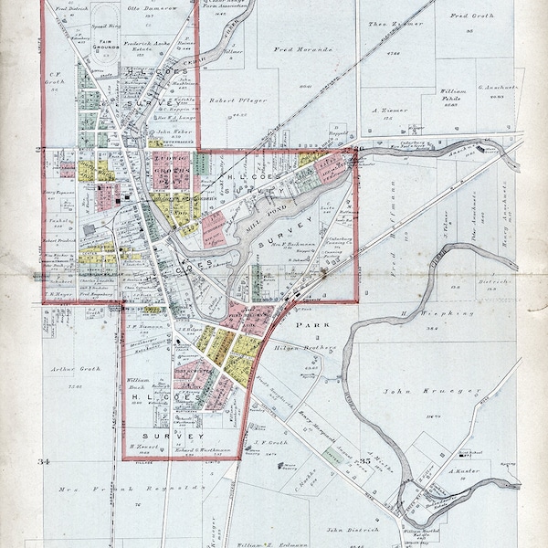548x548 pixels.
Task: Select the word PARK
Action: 318,323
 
